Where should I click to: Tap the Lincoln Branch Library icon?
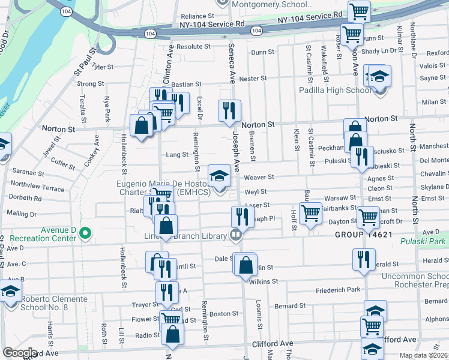[x=236, y=236]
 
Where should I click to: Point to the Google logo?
[x=20, y=353]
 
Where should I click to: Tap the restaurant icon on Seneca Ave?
[x=229, y=110]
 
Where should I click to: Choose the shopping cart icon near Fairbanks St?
[x=310, y=212]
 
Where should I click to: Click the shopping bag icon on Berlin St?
[x=246, y=264]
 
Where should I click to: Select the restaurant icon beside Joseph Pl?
[x=242, y=216]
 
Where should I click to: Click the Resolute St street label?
[x=193, y=46]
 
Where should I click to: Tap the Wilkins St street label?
[x=264, y=281]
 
